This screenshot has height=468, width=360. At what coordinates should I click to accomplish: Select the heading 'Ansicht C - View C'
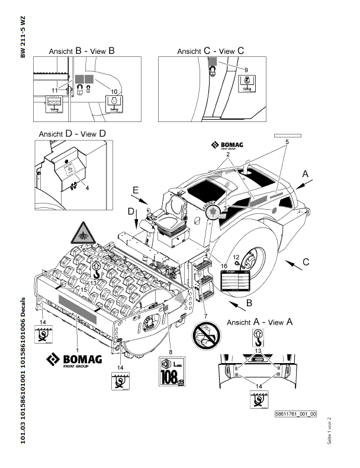(x=210, y=52)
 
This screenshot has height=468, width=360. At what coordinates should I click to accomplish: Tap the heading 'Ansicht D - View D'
(x=72, y=134)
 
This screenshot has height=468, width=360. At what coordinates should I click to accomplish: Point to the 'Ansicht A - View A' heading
(x=259, y=322)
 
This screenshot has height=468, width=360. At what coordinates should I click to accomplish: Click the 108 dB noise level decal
(x=172, y=371)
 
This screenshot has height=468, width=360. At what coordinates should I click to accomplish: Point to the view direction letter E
(x=136, y=191)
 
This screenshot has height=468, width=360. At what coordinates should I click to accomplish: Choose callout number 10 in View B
(x=115, y=92)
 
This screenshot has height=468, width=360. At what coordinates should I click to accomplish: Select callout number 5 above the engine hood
(x=287, y=142)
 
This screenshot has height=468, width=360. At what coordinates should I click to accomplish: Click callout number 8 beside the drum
(x=171, y=341)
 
